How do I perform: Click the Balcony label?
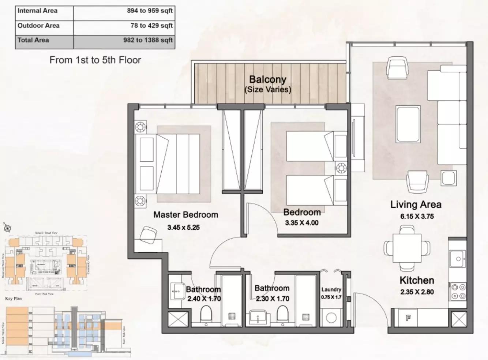coord(268,79)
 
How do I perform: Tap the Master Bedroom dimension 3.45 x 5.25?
coord(183,227)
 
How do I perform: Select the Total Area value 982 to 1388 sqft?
coord(148,40)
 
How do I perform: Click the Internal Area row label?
coord(37,11)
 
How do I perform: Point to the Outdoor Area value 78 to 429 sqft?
coord(151,26)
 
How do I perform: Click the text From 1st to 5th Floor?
coord(95,60)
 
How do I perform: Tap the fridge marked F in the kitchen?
coord(408,318)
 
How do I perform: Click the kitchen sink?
coord(458,259)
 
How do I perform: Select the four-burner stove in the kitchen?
coord(458,291)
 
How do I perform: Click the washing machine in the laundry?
coord(331,318)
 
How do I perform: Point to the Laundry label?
coord(331,289)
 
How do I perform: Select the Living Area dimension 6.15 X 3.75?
coord(417,216)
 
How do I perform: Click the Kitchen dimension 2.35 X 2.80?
coord(417,292)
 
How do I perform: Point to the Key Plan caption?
coord(13,299)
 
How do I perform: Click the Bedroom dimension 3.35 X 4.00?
coord(301,223)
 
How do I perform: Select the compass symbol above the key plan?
coord(7,228)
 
